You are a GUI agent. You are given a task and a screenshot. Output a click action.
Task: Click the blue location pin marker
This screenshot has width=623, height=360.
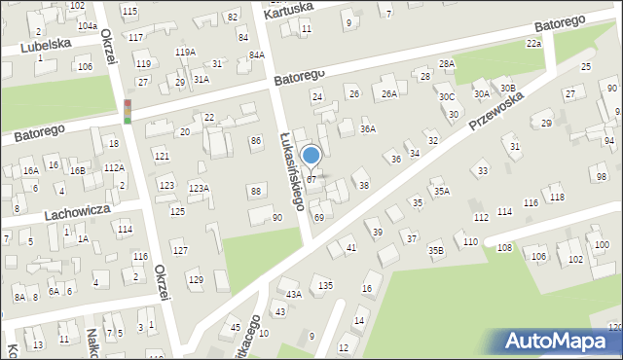[311, 156]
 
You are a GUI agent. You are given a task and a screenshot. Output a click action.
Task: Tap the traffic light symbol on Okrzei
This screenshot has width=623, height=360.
[128, 111]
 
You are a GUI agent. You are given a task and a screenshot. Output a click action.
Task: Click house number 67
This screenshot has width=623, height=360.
[311, 180]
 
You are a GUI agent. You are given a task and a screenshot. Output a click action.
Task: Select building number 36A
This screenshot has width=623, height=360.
[367, 128]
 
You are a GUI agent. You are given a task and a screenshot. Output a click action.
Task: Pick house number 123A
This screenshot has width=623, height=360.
[199, 189]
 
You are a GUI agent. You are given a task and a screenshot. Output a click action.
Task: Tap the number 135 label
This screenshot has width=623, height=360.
[325, 285]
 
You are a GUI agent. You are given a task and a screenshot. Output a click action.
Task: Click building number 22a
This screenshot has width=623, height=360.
[533, 44]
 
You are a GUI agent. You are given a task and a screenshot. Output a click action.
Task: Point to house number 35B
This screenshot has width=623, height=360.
[435, 251]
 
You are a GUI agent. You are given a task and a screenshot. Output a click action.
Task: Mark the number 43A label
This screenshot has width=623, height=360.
[293, 294]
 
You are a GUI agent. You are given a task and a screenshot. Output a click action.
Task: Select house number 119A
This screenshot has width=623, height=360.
[184, 52]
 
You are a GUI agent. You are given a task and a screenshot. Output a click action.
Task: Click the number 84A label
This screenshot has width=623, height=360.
[256, 55]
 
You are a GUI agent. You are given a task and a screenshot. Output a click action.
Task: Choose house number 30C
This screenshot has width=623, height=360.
[446, 97]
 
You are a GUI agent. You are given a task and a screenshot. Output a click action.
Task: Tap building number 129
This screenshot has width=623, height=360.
[196, 280]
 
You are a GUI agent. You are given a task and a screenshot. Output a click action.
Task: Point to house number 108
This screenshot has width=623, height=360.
[504, 248]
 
